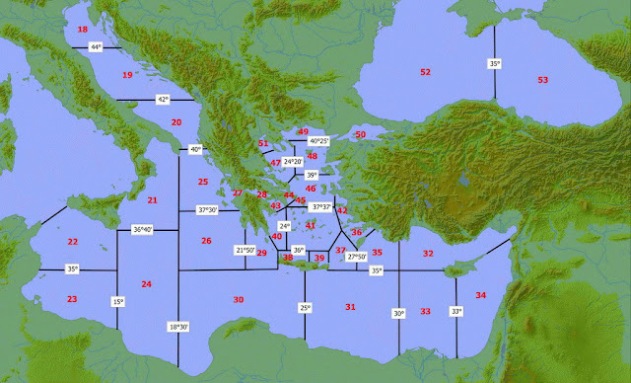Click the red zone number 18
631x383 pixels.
(x=83, y=31)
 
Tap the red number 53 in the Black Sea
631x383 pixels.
(x=543, y=79)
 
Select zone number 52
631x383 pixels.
(x=426, y=72)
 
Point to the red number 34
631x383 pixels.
(x=480, y=295)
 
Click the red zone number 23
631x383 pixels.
(x=71, y=298)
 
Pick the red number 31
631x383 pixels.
(x=350, y=307)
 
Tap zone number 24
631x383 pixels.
(x=146, y=284)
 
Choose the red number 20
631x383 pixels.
(x=176, y=122)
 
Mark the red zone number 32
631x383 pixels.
(x=428, y=254)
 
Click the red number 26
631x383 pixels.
(x=206, y=241)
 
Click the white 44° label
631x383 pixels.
(x=96, y=47)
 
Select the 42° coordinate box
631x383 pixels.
(x=164, y=100)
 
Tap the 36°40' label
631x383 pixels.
(x=142, y=230)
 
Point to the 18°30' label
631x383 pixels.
(x=177, y=327)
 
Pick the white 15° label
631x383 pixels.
(x=117, y=301)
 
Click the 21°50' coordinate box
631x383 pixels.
(x=245, y=251)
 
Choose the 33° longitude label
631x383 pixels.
(x=456, y=312)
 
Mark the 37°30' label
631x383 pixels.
(x=209, y=209)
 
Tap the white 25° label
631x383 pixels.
(x=305, y=308)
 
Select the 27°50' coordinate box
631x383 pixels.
(x=357, y=257)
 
